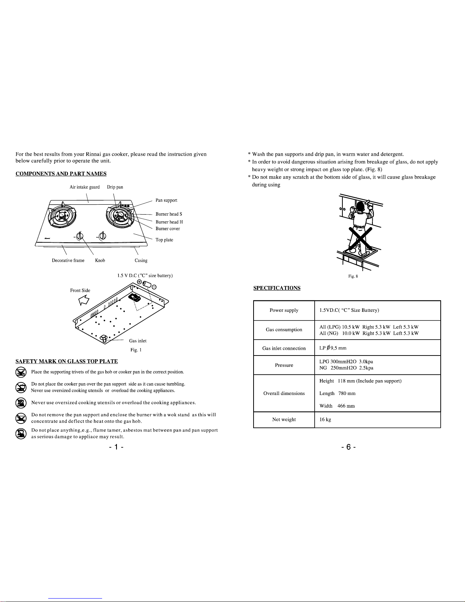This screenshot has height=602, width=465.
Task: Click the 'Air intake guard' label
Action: [x=85, y=187]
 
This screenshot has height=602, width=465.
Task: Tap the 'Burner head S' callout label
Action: [x=169, y=214]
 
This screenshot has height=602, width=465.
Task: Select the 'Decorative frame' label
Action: [x=68, y=261]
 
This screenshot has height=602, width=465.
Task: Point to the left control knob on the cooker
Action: [x=80, y=236]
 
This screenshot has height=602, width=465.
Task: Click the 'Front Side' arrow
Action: [x=84, y=300]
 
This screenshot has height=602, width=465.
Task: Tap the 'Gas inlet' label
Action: [x=138, y=341]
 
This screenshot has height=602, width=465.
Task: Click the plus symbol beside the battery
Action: [x=140, y=282]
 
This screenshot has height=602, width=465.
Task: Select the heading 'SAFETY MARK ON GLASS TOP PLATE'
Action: [x=67, y=361]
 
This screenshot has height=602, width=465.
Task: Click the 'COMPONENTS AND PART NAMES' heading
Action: [x=61, y=174]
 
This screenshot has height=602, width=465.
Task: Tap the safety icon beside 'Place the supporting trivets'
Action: [x=21, y=372]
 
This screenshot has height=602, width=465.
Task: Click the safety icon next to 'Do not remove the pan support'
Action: [x=21, y=418]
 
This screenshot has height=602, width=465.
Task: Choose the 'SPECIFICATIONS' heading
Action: [x=277, y=288]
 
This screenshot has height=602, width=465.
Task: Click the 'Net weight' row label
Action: [x=284, y=419]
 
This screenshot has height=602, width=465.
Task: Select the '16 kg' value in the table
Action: [x=325, y=419]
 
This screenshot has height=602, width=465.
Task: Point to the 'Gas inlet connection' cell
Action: [x=284, y=348]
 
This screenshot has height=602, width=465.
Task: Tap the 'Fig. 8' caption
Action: [x=353, y=276]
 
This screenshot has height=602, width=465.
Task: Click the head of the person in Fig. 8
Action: [x=360, y=206]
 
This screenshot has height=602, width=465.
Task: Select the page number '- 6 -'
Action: [x=348, y=447]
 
